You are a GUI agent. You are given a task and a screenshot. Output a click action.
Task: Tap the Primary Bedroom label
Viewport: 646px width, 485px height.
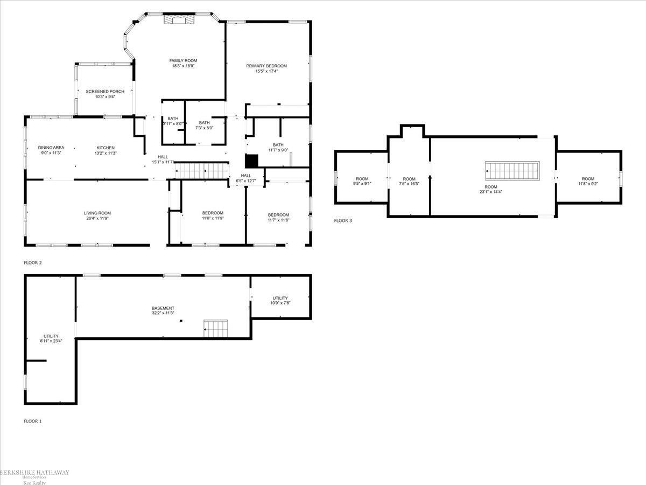click(266, 66)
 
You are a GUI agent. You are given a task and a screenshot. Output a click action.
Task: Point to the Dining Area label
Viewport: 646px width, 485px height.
click(51, 148)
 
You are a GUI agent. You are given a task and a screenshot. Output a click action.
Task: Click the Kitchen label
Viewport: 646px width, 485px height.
click(106, 148)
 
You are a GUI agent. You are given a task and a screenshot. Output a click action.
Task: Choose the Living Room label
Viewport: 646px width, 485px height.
click(97, 213)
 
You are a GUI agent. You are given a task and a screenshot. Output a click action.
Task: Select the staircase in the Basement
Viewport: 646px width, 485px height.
click(215, 328)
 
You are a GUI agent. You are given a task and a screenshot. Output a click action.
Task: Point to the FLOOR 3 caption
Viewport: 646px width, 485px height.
click(343, 220)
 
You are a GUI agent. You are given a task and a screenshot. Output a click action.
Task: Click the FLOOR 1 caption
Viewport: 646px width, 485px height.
click(33, 421)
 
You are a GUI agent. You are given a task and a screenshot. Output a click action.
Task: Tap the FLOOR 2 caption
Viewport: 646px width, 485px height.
click(33, 263)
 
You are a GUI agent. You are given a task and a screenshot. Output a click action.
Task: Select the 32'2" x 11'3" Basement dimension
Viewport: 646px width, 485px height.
click(163, 313)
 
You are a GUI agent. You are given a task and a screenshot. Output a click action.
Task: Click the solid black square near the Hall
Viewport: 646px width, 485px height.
click(251, 161)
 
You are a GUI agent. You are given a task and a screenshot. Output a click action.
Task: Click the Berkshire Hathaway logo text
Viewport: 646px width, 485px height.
click(34, 473)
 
